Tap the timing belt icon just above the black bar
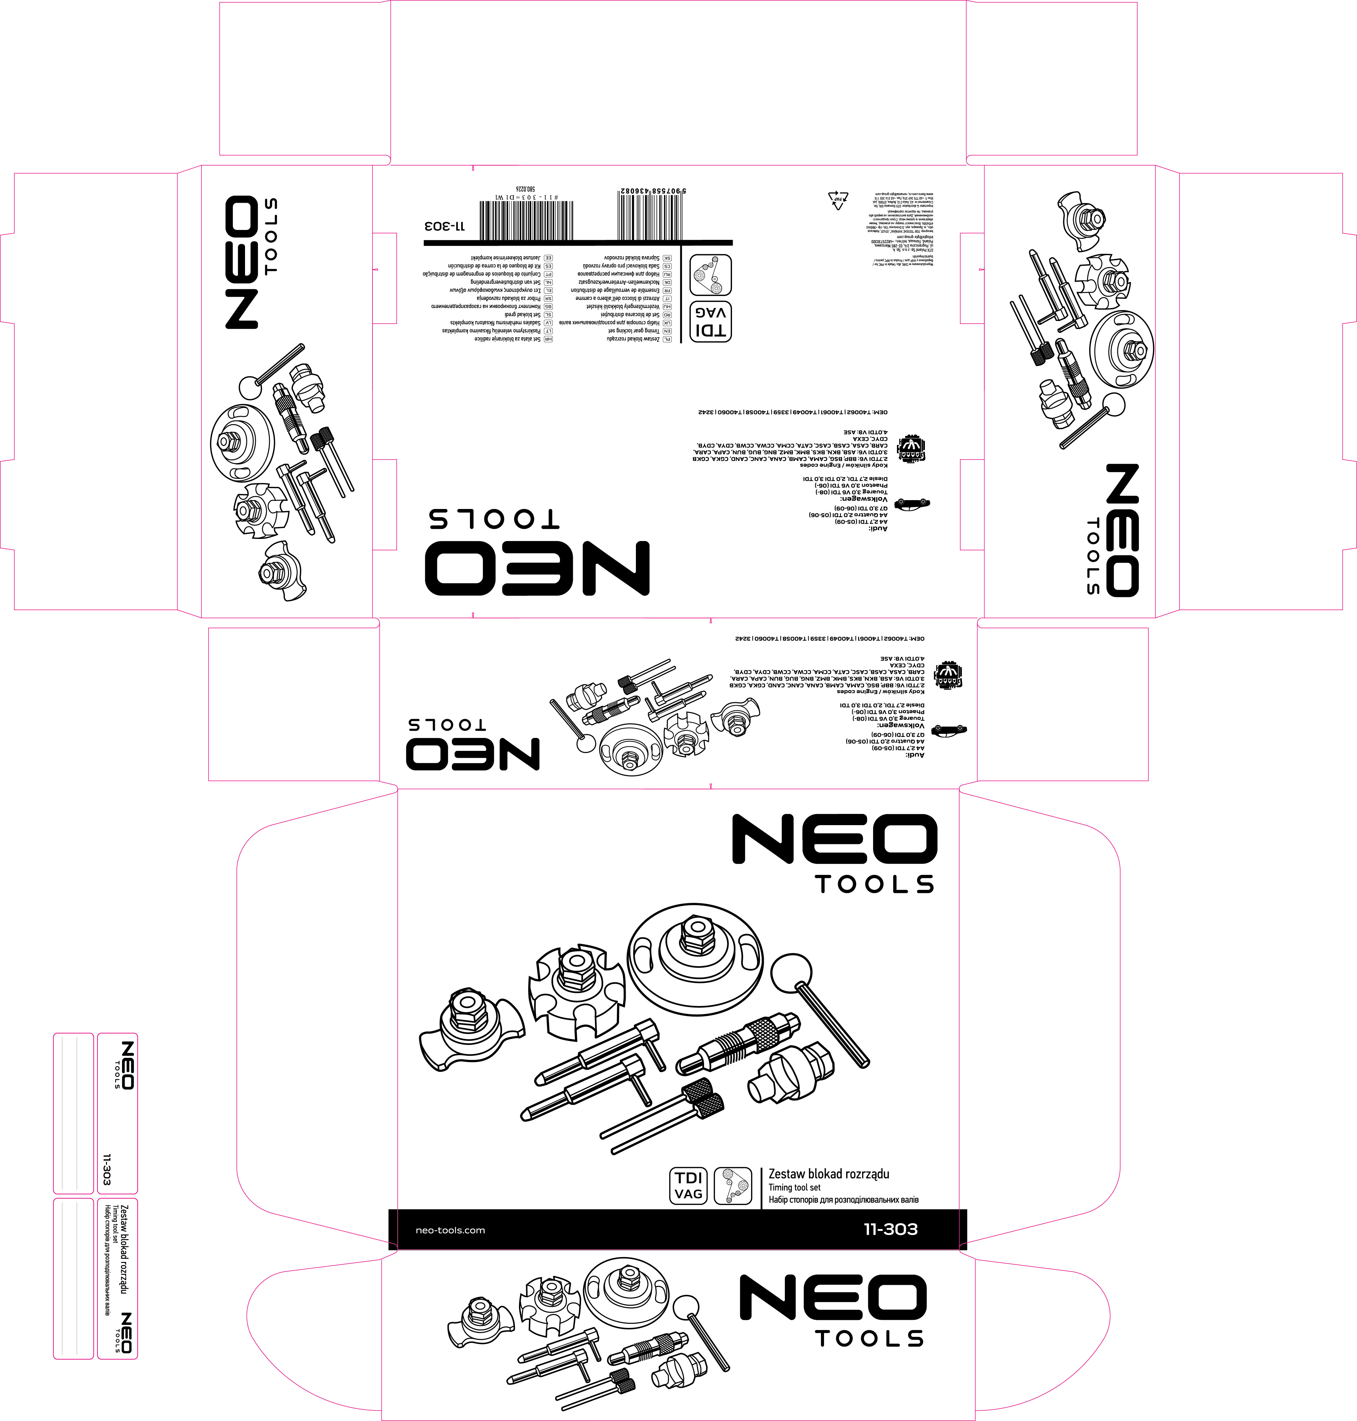pyautogui.click(x=733, y=1186)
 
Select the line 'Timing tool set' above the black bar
pyautogui.click(x=794, y=1187)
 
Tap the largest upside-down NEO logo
pyautogui.click(x=537, y=568)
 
